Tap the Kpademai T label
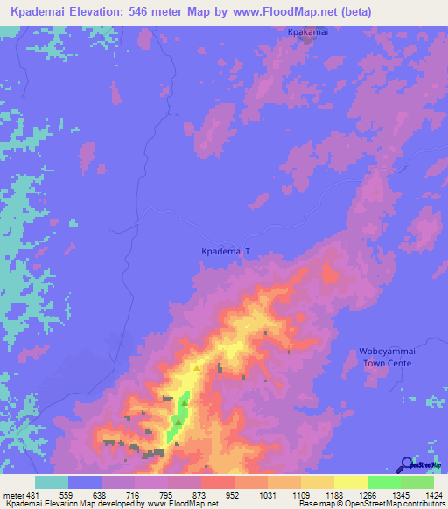click(x=226, y=251)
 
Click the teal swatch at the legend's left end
click(x=52, y=482)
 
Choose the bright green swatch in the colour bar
click(x=383, y=482)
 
